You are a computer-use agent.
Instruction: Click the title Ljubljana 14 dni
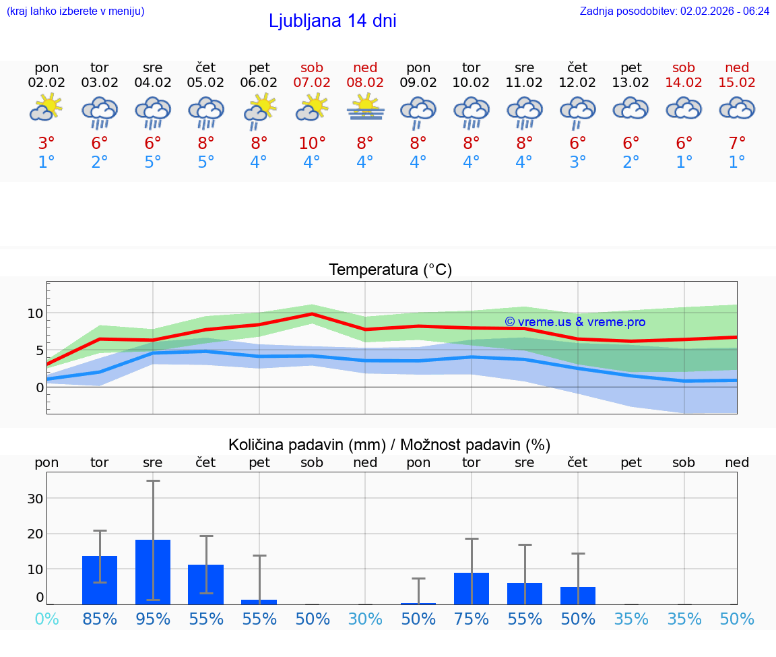[332, 21]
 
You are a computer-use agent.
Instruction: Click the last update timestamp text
[674, 11]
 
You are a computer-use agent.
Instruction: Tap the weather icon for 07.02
[312, 107]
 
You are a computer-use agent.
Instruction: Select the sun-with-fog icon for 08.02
[365, 107]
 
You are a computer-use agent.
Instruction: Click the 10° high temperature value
[312, 144]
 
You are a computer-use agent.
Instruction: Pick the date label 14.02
[684, 83]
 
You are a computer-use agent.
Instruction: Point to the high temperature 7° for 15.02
[737, 144]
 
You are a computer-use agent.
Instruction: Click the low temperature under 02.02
[46, 162]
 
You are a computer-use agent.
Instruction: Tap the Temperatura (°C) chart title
[390, 270]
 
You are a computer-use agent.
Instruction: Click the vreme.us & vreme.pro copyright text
[575, 322]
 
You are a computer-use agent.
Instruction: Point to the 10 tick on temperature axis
[35, 313]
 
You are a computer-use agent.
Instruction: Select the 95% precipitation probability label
[153, 619]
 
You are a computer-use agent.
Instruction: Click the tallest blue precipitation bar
[153, 571]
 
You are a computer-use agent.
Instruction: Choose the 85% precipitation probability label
[100, 619]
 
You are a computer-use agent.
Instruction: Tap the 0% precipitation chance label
[46, 619]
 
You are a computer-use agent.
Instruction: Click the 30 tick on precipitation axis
[35, 499]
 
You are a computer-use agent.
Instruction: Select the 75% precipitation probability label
[471, 619]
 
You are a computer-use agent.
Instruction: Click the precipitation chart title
[389, 445]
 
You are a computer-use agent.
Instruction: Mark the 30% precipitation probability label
[365, 619]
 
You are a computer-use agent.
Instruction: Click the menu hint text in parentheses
[75, 11]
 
